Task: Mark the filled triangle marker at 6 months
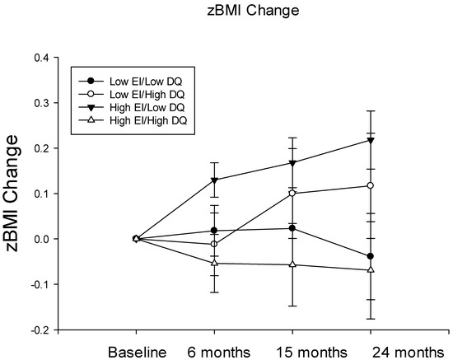pyautogui.click(x=214, y=180)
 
